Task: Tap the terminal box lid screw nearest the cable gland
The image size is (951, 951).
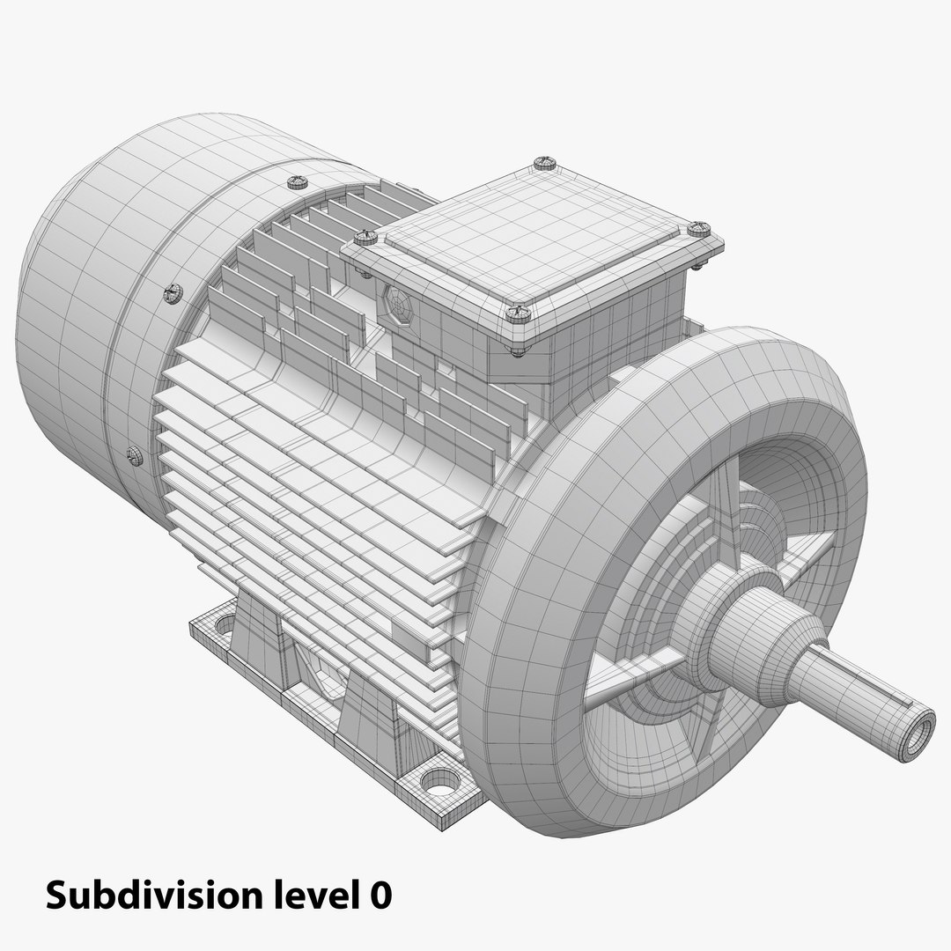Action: (x=365, y=237)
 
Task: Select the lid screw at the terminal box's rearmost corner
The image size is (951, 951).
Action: (x=542, y=163)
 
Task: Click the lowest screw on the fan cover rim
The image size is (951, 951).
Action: (x=134, y=455)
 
